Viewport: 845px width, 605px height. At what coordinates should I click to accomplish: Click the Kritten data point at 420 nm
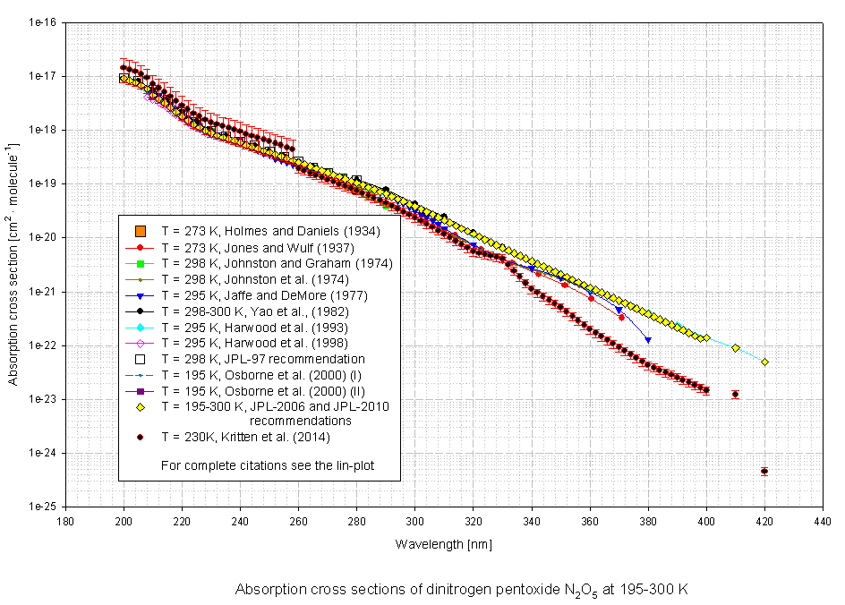(764, 471)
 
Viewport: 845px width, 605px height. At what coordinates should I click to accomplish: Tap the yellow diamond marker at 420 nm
(764, 362)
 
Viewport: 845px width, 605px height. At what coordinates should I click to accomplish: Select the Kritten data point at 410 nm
(735, 394)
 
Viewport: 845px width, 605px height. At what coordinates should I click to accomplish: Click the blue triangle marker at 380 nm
(648, 340)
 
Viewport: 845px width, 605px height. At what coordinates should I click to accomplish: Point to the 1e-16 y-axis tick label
(43, 22)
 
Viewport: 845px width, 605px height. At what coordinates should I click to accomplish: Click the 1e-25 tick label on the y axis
(43, 507)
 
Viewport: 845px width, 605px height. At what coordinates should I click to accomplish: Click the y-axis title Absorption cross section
(14, 263)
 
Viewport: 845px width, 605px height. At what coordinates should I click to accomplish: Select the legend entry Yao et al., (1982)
(260, 311)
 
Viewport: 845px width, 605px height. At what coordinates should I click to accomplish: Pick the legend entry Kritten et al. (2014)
(246, 438)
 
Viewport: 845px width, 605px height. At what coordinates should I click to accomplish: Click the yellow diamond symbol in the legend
(141, 405)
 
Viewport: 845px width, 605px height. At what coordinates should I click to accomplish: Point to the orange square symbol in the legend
(141, 232)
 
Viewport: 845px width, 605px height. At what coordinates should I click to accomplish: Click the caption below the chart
(461, 590)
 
